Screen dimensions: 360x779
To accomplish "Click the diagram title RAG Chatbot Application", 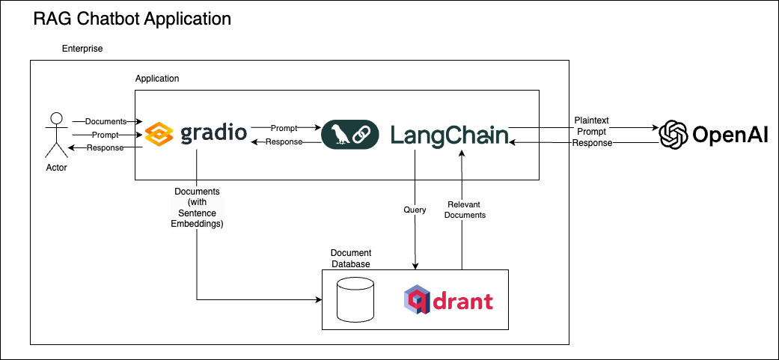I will [132, 19].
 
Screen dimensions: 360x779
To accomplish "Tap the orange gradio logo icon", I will [159, 135].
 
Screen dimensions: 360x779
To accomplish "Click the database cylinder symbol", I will [355, 299].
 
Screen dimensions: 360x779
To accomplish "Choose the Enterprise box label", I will [82, 49].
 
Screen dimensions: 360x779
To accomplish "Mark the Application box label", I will [157, 79].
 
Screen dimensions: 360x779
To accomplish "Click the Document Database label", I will [351, 258].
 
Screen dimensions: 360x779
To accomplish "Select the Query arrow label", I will [415, 210].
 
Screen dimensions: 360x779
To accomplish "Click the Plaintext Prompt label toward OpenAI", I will [593, 126].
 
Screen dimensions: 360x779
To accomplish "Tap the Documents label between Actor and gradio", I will [106, 121].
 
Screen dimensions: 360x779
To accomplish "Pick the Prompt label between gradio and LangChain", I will [284, 128].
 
